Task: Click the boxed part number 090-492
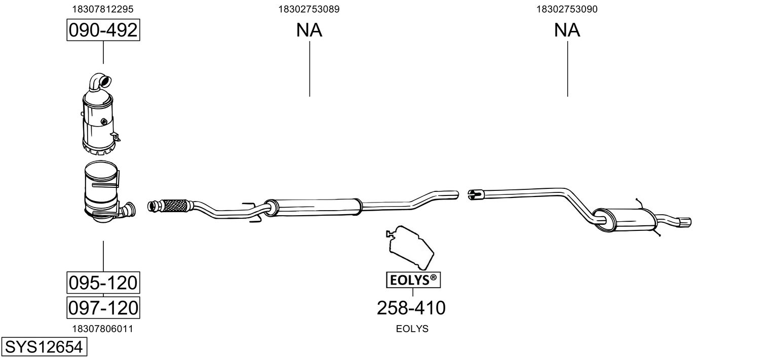point(103,30)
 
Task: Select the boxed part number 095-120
point(103,283)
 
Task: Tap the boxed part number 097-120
point(103,307)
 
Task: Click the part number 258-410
point(411,308)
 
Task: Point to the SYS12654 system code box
point(44,347)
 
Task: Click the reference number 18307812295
point(103,9)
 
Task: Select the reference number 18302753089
point(309,9)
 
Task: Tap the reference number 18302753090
point(567,9)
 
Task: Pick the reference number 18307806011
point(103,329)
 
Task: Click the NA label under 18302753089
point(309,30)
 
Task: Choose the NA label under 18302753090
point(567,30)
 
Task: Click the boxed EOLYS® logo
point(413,280)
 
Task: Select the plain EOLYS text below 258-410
point(412,329)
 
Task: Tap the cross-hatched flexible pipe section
point(175,206)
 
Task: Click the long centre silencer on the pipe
point(313,208)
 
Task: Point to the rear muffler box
point(625,220)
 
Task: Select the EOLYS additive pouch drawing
point(410,247)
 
